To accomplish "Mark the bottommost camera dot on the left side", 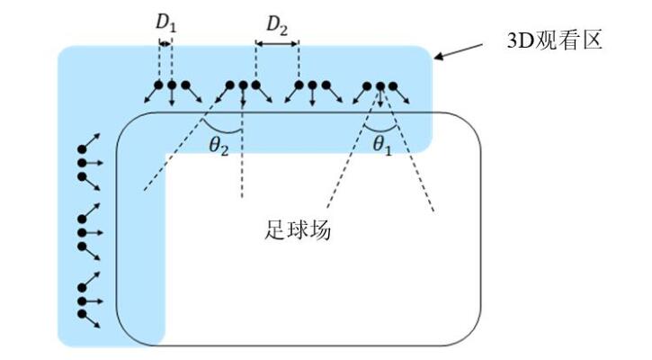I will [x=83, y=314].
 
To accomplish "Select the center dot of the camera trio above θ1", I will [x=380, y=86].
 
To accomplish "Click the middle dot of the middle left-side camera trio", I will [x=83, y=232].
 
